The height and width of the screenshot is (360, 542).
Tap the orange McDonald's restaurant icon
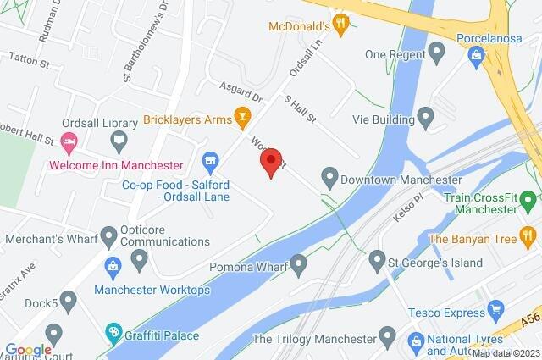point(341,23)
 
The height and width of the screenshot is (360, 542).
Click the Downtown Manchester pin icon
point(329,179)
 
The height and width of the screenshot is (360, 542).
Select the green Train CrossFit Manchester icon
point(528,202)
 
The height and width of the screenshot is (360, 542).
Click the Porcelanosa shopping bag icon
point(477,56)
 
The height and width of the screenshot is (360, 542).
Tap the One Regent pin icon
point(437,55)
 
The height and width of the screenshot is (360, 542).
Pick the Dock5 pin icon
point(69,299)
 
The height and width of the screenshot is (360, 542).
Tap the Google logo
point(28,349)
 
